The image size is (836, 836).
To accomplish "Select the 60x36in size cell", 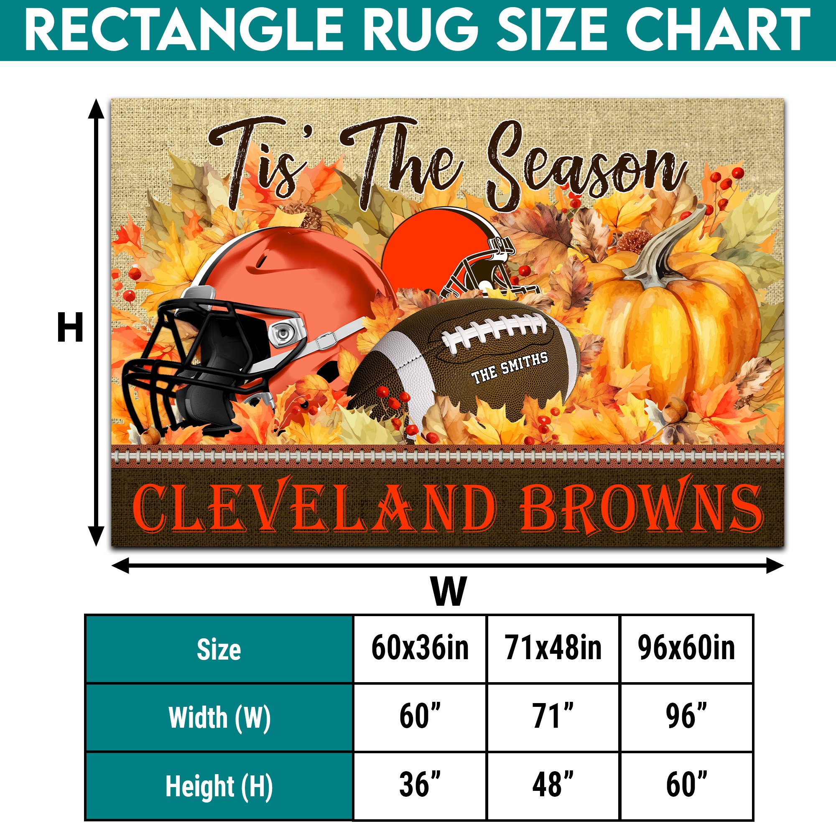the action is pyautogui.click(x=420, y=648).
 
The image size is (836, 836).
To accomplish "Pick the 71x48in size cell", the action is pyautogui.click(x=553, y=648).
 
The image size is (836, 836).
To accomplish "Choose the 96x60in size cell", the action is pyautogui.click(x=686, y=648).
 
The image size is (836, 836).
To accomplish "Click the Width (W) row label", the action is pyautogui.click(x=219, y=717).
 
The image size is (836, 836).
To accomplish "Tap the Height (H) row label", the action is pyautogui.click(x=219, y=786).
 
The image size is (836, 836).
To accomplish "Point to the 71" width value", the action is pyautogui.click(x=553, y=716).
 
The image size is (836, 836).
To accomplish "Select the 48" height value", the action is pyautogui.click(x=553, y=784).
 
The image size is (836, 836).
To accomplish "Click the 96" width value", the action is pyautogui.click(x=686, y=716).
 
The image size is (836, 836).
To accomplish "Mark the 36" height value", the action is pyautogui.click(x=420, y=784).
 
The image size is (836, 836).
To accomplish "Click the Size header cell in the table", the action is pyautogui.click(x=219, y=649).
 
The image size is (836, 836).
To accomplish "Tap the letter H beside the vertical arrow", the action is pyautogui.click(x=70, y=328).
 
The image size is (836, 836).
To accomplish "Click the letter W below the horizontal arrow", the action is pyautogui.click(x=448, y=591).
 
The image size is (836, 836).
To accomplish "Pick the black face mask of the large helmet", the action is pyautogui.click(x=182, y=364).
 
